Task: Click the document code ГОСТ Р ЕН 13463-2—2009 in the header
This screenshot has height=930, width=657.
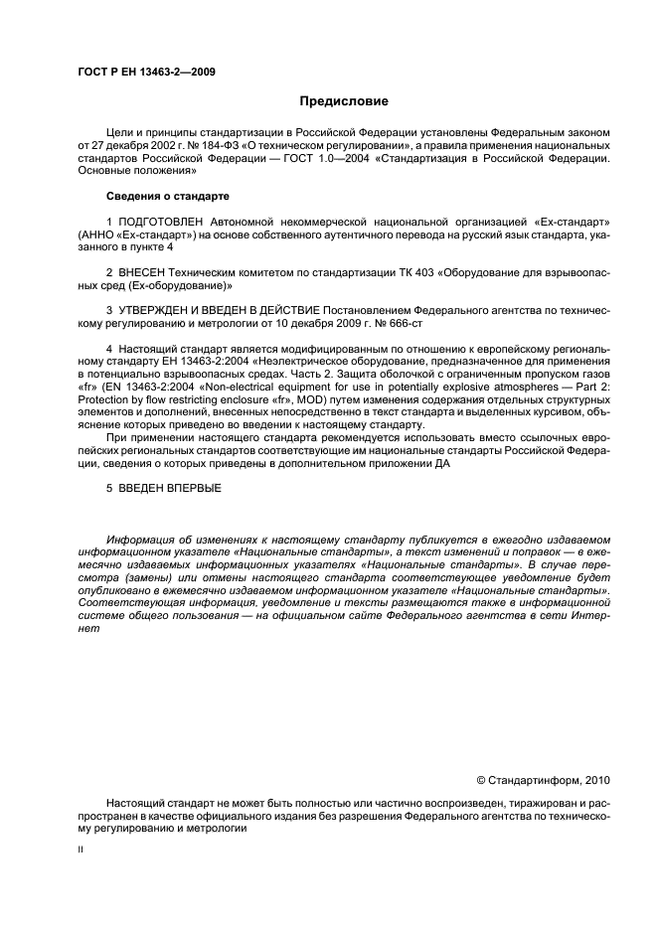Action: (x=147, y=73)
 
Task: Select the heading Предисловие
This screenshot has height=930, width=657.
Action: (x=343, y=102)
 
